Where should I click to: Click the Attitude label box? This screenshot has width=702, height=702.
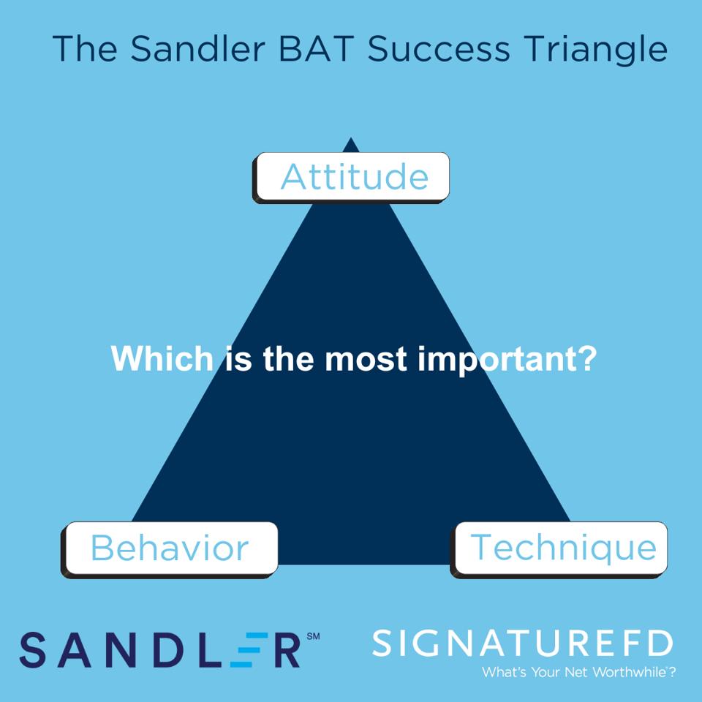tap(352, 177)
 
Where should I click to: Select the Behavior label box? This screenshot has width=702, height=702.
tap(170, 548)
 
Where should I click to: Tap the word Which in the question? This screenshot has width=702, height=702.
tap(162, 359)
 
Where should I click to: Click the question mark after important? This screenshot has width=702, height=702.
tap(586, 359)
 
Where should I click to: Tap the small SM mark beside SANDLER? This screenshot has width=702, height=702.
tap(313, 637)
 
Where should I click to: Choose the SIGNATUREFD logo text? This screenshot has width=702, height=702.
tap(522, 644)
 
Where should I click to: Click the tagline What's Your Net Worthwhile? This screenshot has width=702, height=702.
tap(578, 672)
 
